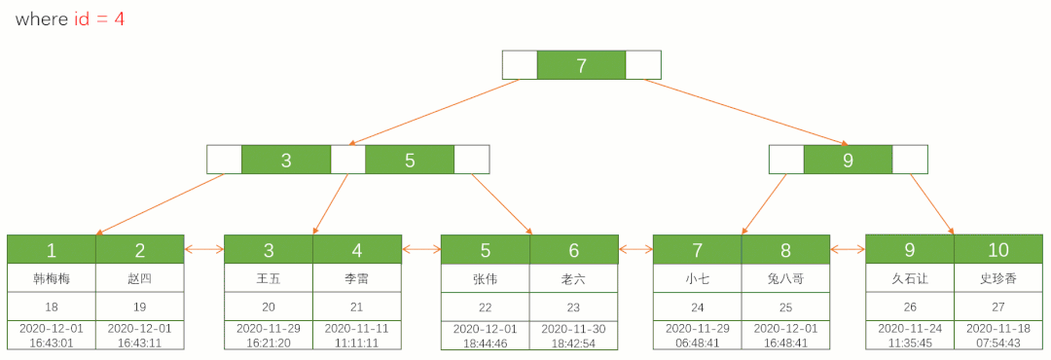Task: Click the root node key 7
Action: tap(581, 65)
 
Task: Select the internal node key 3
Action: tap(286, 160)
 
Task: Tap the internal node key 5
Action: tap(410, 160)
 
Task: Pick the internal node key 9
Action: tap(848, 160)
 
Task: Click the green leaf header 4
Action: tap(357, 249)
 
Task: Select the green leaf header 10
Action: tap(998, 249)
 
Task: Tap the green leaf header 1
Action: tap(52, 249)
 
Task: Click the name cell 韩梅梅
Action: tap(52, 279)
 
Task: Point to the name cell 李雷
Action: tap(357, 279)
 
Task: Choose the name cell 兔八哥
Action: tap(785, 279)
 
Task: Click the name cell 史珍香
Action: tap(998, 279)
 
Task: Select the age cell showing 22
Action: tap(486, 307)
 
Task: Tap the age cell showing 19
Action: tap(140, 307)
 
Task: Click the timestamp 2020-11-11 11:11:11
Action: tap(357, 336)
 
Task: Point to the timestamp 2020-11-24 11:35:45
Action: tap(910, 336)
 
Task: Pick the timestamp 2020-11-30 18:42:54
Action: tap(574, 336)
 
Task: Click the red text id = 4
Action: tap(99, 18)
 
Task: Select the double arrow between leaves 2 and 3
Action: tap(204, 249)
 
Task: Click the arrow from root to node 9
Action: tap(745, 112)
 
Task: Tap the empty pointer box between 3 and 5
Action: tap(347, 160)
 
